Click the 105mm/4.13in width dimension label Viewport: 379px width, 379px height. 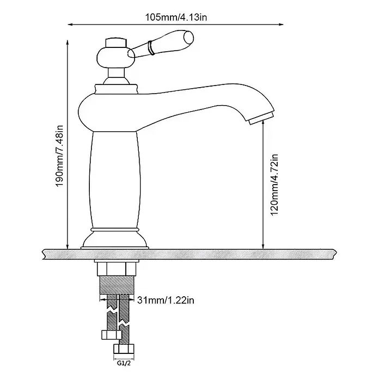[x=176, y=17]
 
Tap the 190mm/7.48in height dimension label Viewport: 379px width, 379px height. [x=59, y=156]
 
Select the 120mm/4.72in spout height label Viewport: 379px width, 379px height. [x=274, y=185]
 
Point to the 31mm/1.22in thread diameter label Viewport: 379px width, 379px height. [x=166, y=300]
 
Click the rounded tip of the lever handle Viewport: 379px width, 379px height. [x=188, y=37]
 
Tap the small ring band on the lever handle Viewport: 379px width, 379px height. [x=151, y=48]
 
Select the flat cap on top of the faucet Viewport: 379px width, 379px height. [x=116, y=42]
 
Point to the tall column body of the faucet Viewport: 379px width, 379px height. [x=116, y=180]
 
